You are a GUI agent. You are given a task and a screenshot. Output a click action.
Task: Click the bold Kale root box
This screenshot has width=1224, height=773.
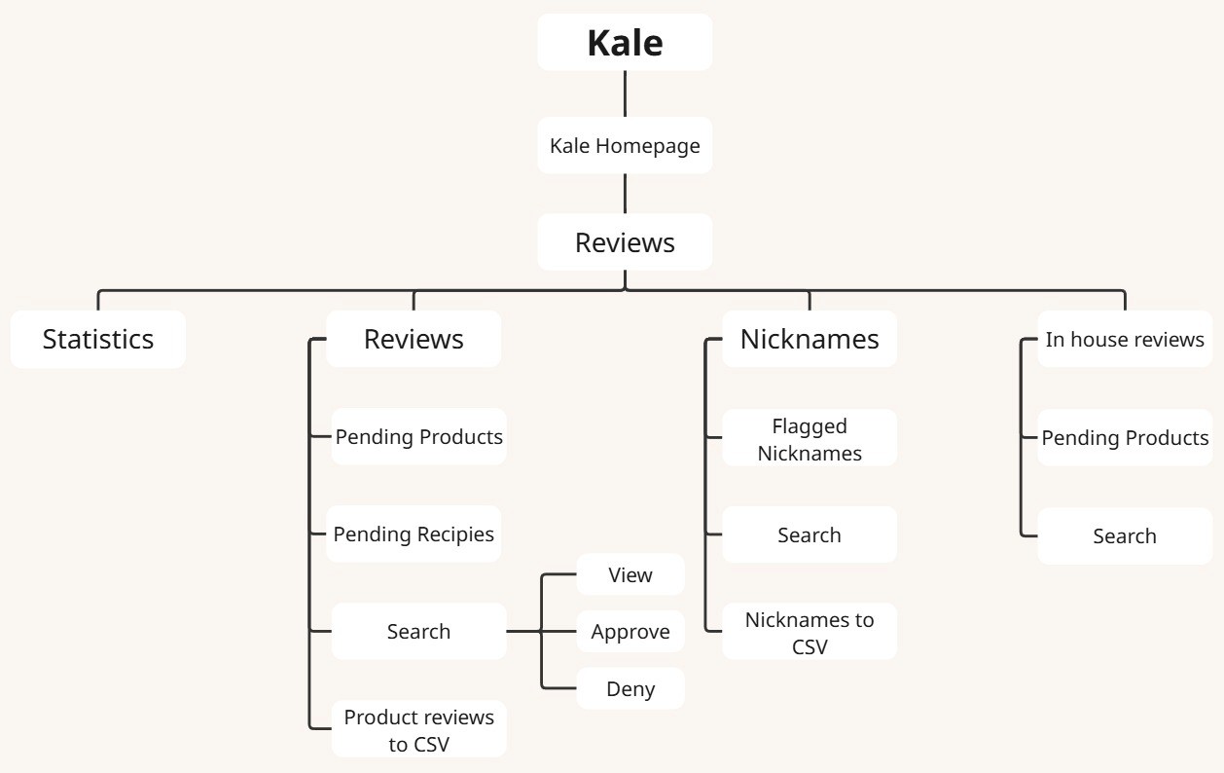tap(625, 43)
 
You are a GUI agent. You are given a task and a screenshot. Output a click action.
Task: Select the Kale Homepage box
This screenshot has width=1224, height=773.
tap(625, 146)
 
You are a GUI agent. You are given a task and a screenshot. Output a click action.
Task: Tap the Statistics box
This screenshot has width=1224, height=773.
tap(98, 339)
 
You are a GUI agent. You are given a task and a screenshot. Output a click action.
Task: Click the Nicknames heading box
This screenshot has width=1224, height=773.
tap(810, 339)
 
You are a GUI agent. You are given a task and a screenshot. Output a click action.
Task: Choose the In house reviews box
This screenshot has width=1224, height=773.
tap(1125, 340)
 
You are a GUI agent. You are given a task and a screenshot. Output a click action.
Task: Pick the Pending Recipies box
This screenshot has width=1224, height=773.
tap(414, 534)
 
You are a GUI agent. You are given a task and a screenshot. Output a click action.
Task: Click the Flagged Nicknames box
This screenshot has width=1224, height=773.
tap(810, 439)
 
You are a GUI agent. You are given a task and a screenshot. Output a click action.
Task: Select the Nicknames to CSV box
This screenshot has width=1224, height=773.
tap(810, 632)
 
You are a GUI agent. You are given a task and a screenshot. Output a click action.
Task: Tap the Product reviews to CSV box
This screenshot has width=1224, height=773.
tap(419, 730)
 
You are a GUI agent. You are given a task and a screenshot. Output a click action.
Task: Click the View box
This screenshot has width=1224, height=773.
tap(630, 574)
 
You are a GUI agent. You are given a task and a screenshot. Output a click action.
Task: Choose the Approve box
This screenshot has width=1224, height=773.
tap(630, 632)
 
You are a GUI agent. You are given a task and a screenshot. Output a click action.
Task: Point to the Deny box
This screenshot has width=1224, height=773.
tap(630, 689)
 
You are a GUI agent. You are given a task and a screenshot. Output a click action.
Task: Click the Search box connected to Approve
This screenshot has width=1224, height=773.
tap(419, 632)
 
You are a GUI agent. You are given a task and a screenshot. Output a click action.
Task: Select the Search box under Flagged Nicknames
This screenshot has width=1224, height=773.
tap(810, 534)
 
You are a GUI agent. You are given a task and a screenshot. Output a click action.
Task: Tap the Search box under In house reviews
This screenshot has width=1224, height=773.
tap(1125, 535)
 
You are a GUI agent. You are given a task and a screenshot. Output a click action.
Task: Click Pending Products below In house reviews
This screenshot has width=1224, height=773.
tap(1125, 438)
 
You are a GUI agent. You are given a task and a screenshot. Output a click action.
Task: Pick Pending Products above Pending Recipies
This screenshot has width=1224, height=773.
tap(419, 437)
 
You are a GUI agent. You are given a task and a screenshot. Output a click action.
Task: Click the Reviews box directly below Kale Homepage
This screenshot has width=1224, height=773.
tap(625, 242)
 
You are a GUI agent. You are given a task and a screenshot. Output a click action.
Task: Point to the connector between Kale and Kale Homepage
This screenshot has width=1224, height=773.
tap(625, 93)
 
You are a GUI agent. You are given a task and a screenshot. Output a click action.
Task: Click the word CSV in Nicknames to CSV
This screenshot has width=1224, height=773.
tap(810, 645)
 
